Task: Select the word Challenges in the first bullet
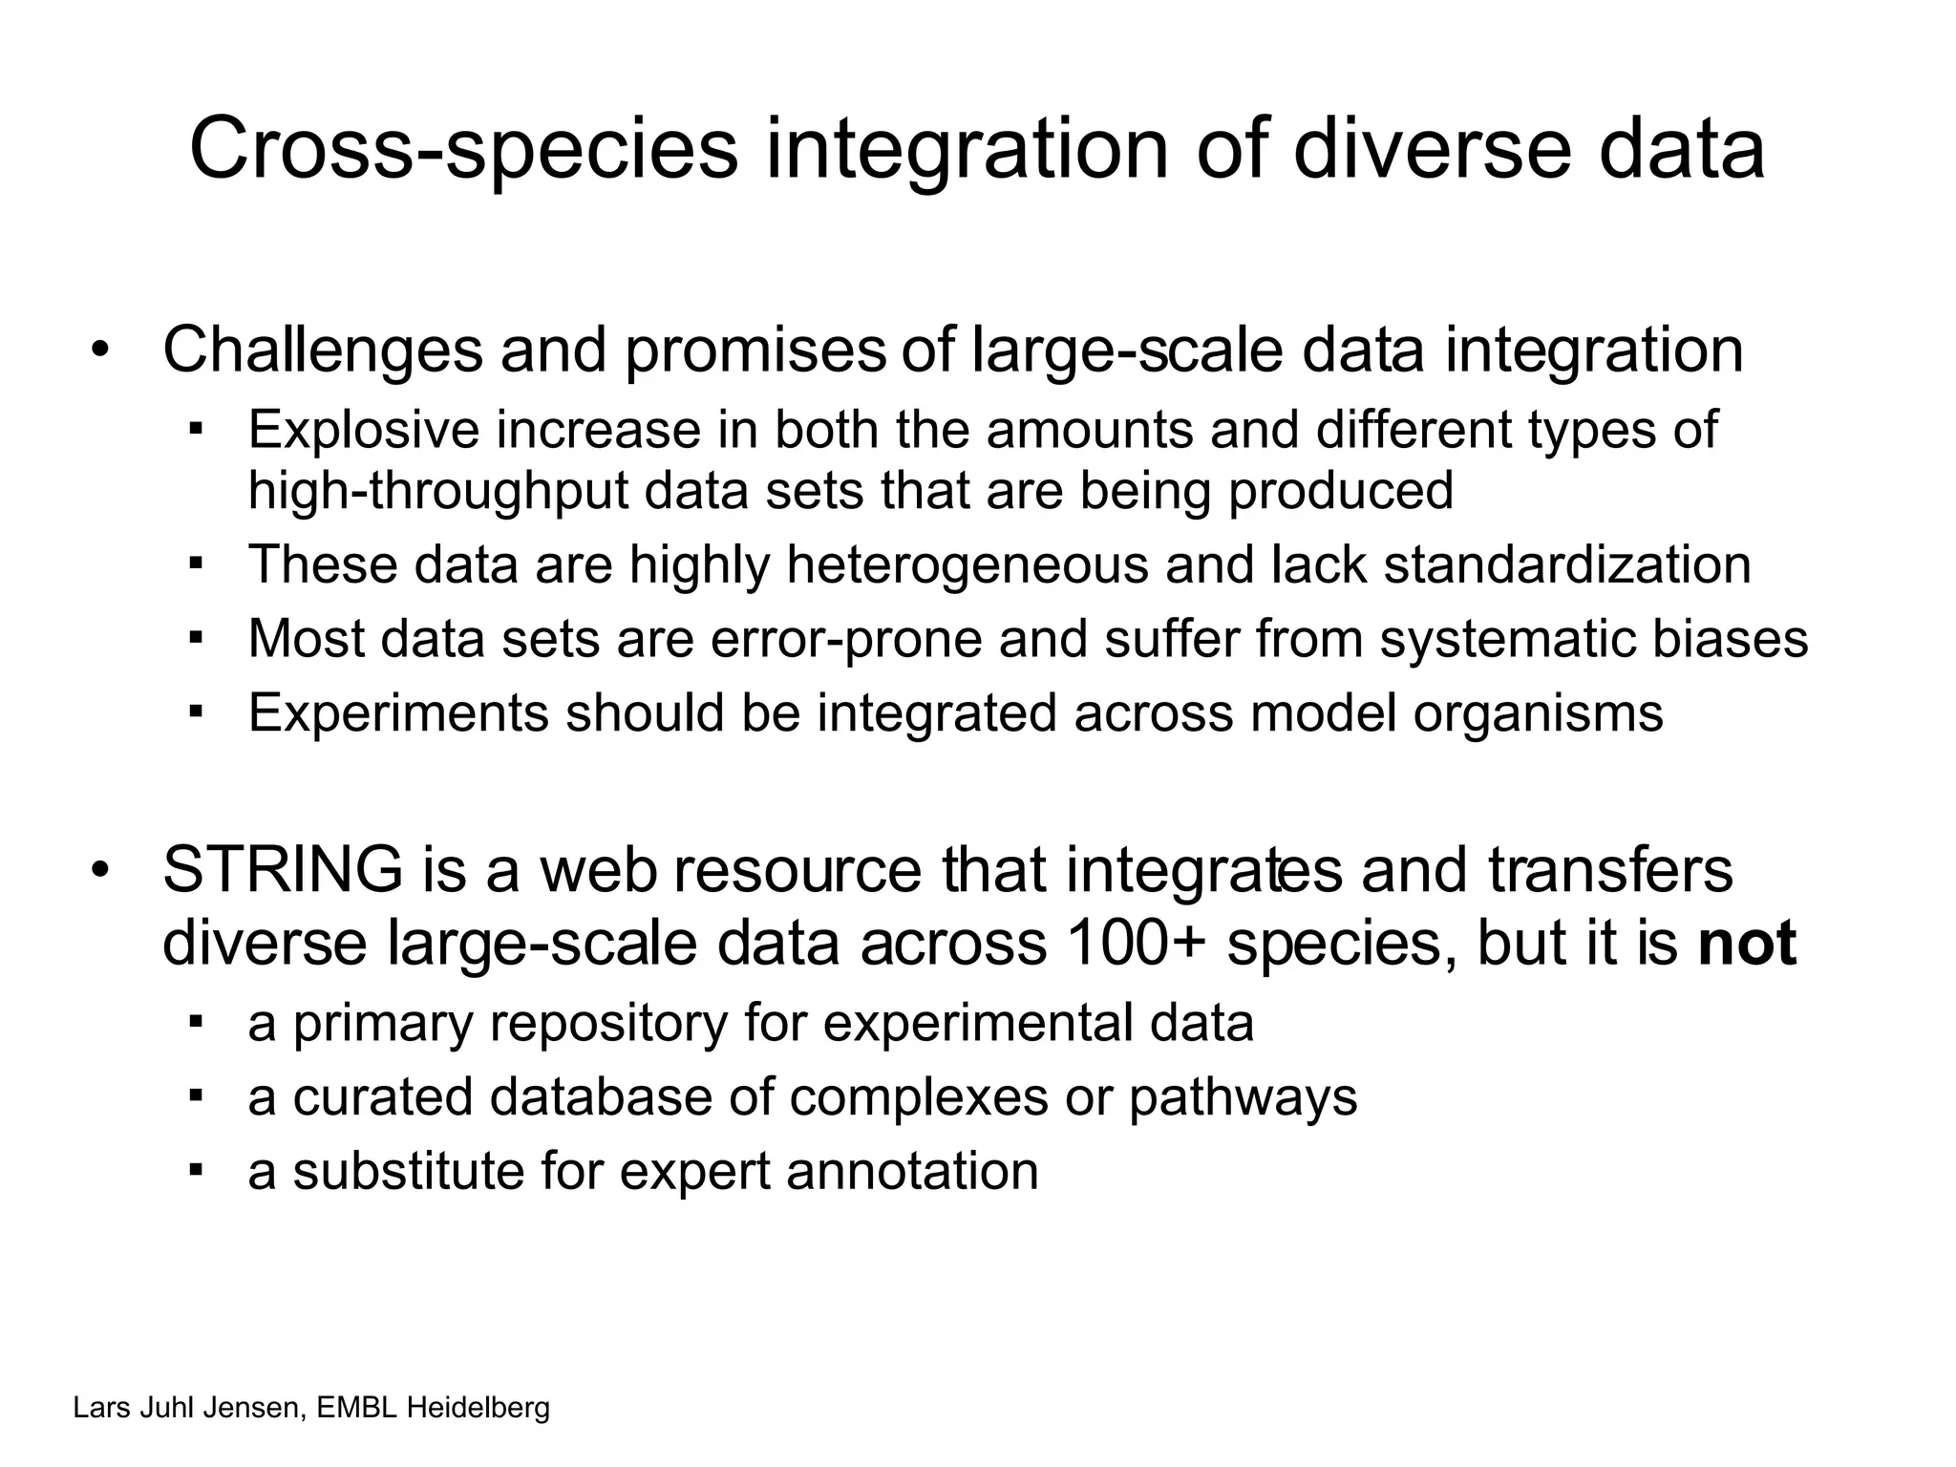(323, 351)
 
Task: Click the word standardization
(1567, 564)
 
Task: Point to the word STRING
(283, 870)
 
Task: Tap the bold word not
(1747, 944)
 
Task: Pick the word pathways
(1243, 1096)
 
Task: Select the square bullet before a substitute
(197, 1169)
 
